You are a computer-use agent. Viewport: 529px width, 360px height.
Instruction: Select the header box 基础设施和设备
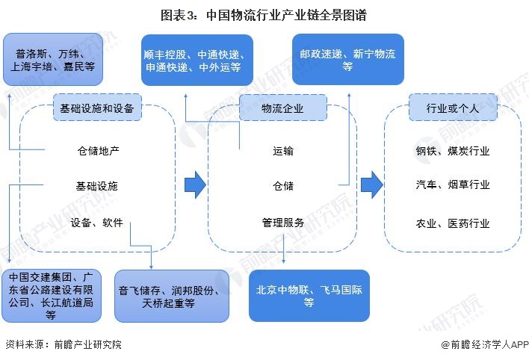pyautogui.click(x=96, y=108)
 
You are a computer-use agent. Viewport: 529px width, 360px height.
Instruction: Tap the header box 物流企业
pyautogui.click(x=282, y=108)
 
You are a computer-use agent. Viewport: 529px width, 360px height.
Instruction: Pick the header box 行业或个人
pyautogui.click(x=452, y=108)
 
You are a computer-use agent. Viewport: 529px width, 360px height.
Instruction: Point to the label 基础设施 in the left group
pyautogui.click(x=97, y=186)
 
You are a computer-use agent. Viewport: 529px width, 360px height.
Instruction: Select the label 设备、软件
pyautogui.click(x=97, y=223)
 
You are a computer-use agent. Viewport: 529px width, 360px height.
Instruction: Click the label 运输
pyautogui.click(x=283, y=151)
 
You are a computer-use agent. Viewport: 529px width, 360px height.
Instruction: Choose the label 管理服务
pyautogui.click(x=283, y=223)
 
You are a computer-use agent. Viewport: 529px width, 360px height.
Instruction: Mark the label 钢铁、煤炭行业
pyautogui.click(x=453, y=151)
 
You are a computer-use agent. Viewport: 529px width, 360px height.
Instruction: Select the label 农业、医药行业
pyautogui.click(x=453, y=223)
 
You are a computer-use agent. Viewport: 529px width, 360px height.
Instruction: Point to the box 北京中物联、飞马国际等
pyautogui.click(x=309, y=296)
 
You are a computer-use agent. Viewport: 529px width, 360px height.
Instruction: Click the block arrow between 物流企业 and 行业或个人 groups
pyautogui.click(x=371, y=184)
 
